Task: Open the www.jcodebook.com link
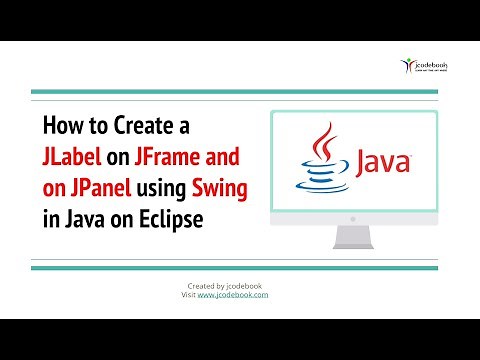(233, 296)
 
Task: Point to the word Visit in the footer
(187, 296)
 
